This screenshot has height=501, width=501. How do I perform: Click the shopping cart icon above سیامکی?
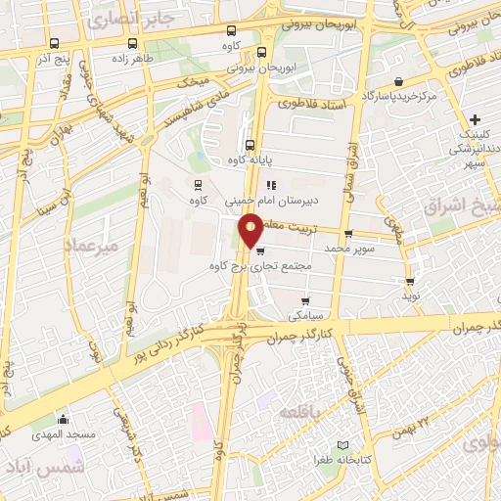tap(306, 300)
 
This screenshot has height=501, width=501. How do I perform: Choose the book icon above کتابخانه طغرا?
tap(341, 445)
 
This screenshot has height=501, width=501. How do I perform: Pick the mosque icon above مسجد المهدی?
tap(64, 420)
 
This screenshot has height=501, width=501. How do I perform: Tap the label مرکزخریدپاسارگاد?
tap(397, 98)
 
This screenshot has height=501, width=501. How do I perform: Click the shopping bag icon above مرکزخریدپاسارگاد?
tap(398, 82)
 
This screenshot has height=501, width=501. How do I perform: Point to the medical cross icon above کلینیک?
tap(475, 119)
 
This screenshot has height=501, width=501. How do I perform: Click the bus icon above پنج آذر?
tap(53, 43)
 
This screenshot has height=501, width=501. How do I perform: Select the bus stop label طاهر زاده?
tap(133, 59)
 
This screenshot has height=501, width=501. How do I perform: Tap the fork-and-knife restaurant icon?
tap(272, 183)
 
